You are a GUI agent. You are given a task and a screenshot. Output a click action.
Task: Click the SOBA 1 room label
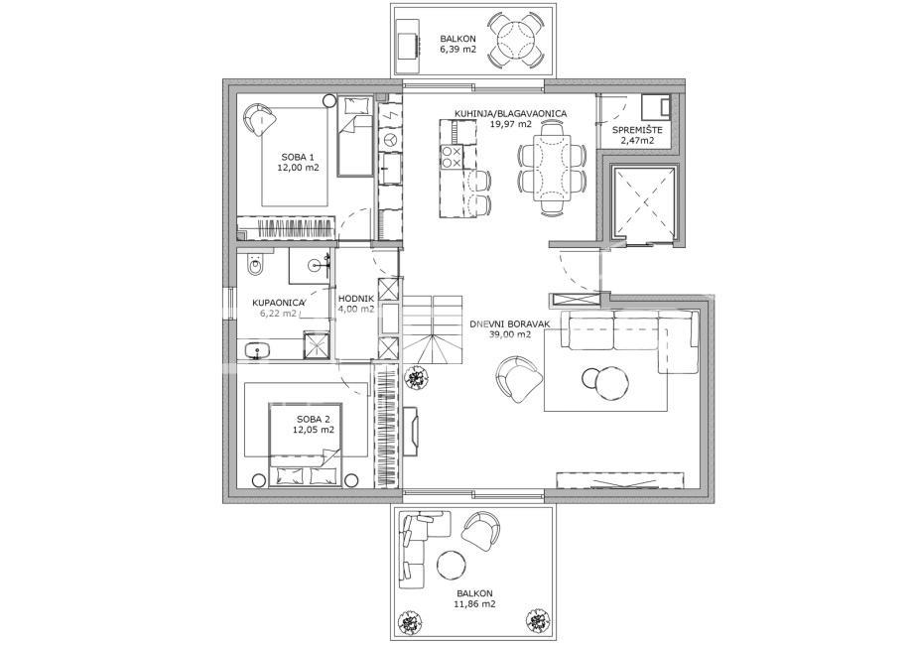pos(297,157)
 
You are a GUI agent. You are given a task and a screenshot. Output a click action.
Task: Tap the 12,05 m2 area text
pos(313,431)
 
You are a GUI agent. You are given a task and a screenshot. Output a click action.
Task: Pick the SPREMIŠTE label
pos(637,130)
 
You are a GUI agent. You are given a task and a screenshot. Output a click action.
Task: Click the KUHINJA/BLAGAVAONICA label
pos(510,114)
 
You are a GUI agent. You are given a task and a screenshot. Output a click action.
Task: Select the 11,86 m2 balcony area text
pos(469,602)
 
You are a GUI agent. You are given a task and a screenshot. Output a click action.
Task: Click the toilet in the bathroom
pos(254,267)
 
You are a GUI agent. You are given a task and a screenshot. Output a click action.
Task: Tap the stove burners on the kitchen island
pos(450,156)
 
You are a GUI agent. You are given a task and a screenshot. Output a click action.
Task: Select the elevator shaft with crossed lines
pos(644,203)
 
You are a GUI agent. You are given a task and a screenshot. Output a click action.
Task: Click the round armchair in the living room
pos(518,378)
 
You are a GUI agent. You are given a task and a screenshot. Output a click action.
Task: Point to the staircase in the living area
pos(433,327)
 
